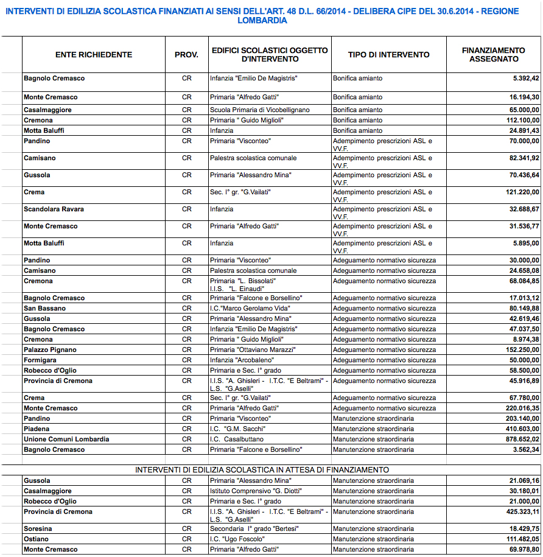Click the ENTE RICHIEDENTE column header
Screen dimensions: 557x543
pos(93,55)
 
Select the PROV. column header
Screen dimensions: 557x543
pos(186,55)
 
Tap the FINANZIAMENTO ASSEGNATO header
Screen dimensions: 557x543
pos(493,55)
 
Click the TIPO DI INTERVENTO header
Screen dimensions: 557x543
pos(388,55)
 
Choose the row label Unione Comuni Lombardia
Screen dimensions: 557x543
pos(66,440)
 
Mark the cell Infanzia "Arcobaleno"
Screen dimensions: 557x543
pos(240,360)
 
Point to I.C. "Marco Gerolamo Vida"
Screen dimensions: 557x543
pos(250,309)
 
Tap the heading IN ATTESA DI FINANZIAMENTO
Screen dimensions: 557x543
pos(262,470)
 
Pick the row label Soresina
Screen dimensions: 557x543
pos(38,529)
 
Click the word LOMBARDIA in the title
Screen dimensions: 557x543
pos(263,21)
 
